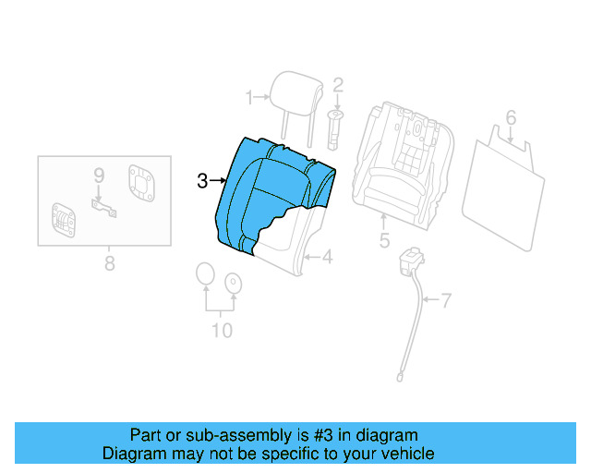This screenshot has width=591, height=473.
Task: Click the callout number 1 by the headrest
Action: (248, 97)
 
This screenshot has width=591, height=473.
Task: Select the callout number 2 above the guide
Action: (338, 85)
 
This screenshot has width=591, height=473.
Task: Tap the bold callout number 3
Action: (203, 181)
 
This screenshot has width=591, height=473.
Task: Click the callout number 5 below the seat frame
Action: (384, 243)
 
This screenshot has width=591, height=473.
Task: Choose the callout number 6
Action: (510, 117)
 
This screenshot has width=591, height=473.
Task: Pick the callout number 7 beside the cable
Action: (446, 299)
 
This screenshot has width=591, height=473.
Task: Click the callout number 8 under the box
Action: (110, 264)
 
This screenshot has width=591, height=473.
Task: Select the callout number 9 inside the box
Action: (98, 174)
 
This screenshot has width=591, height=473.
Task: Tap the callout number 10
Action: (222, 330)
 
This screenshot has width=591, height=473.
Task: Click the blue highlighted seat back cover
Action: (268, 189)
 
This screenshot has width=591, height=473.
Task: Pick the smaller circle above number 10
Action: (234, 283)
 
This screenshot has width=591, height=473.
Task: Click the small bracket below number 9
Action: (103, 208)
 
